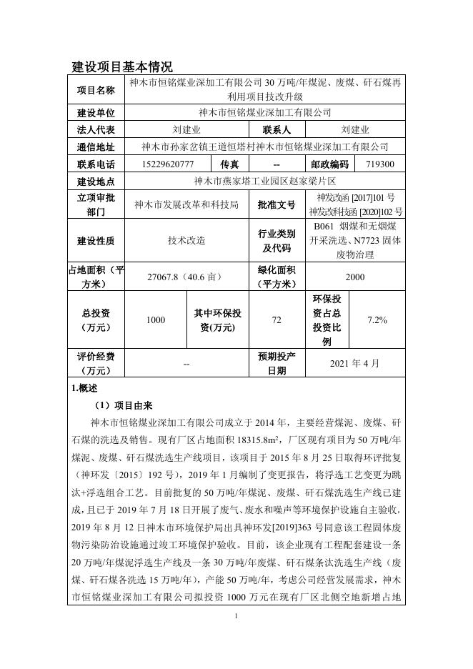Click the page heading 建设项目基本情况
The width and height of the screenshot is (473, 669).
122,67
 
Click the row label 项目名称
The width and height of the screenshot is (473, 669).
96,90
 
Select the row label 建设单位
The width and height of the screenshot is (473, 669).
96,113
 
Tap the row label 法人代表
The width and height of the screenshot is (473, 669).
96,130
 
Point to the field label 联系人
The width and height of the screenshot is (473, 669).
277,130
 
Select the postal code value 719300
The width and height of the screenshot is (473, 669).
379,164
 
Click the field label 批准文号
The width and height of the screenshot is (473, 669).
277,205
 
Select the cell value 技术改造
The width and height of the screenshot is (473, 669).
186,241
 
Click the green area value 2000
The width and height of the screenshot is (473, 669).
355,277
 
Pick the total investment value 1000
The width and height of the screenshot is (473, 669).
156,320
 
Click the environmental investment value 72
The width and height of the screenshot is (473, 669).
277,320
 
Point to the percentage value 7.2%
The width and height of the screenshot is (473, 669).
377,320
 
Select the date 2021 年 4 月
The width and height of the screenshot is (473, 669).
355,363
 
